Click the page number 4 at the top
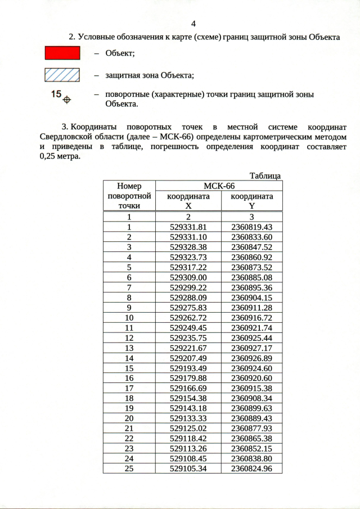tap(193, 24)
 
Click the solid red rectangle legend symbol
tap(62, 53)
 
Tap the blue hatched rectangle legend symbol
tap(62, 74)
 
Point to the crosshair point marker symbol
tap(67, 100)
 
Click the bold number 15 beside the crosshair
tap(56, 94)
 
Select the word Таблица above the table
tap(265, 176)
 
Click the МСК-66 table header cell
tap(219, 186)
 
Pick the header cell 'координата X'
tap(188, 201)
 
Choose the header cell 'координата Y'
tap(251, 201)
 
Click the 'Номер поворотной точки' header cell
tap(129, 196)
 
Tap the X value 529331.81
tap(188, 227)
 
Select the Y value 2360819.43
tap(251, 227)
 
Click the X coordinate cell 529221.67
tap(188, 348)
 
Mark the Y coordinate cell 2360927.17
tap(251, 348)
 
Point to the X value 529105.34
tap(188, 468)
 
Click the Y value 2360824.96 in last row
tap(251, 468)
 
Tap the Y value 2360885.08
tap(251, 277)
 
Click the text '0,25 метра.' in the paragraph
tap(60, 157)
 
